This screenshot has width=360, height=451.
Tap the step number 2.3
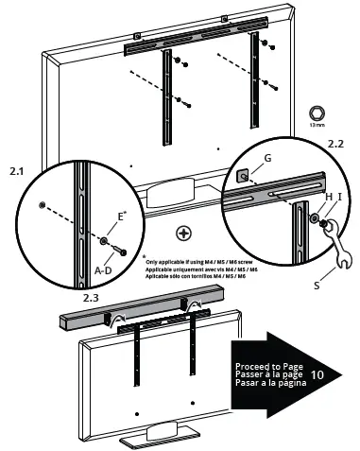click(x=91, y=297)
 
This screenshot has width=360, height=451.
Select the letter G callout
click(x=267, y=158)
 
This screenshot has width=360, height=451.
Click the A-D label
click(x=105, y=269)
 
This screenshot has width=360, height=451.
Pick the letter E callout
click(x=120, y=217)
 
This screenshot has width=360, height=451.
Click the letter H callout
click(x=328, y=196)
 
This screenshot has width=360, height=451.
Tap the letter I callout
click(x=341, y=196)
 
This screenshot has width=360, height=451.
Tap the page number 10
click(x=317, y=373)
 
